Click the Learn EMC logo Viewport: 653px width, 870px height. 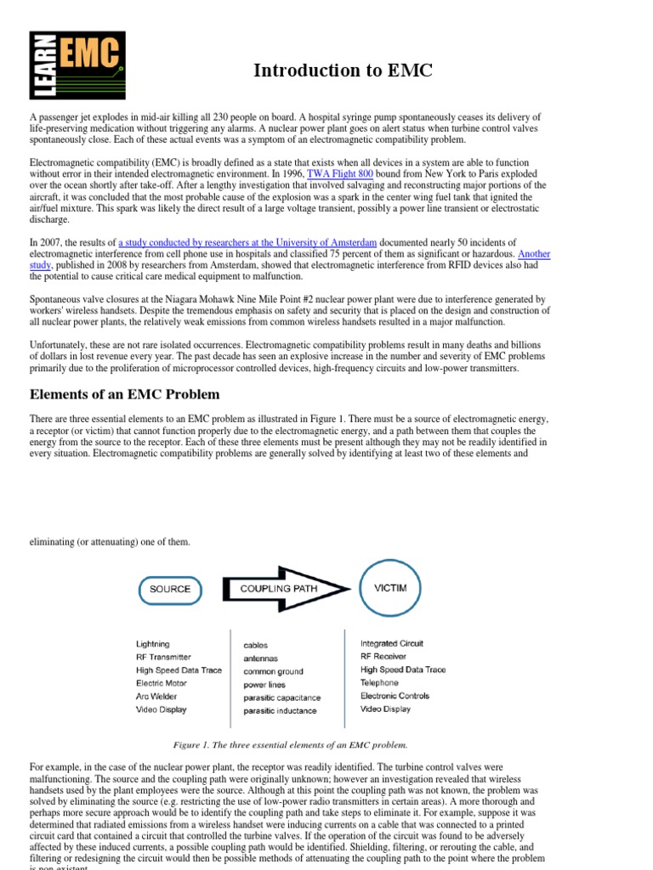coord(77,65)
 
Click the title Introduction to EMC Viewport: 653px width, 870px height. coord(343,71)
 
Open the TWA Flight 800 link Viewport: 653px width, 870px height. coord(340,173)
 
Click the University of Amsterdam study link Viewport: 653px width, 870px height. coord(247,242)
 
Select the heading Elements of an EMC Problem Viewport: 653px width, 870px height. coord(125,394)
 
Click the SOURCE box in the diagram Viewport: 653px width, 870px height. coord(170,589)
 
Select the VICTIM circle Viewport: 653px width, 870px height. coord(389,588)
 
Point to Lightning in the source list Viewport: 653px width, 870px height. coord(153,644)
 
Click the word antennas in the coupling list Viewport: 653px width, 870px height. coord(260,658)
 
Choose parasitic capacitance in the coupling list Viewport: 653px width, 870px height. coord(282,698)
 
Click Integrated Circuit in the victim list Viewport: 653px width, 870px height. coord(392,644)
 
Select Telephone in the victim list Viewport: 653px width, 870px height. coord(379,682)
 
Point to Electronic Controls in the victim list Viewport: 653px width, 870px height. coord(395,696)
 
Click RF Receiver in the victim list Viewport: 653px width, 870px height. coord(383,657)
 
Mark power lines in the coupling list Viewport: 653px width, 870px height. coord(264,684)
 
